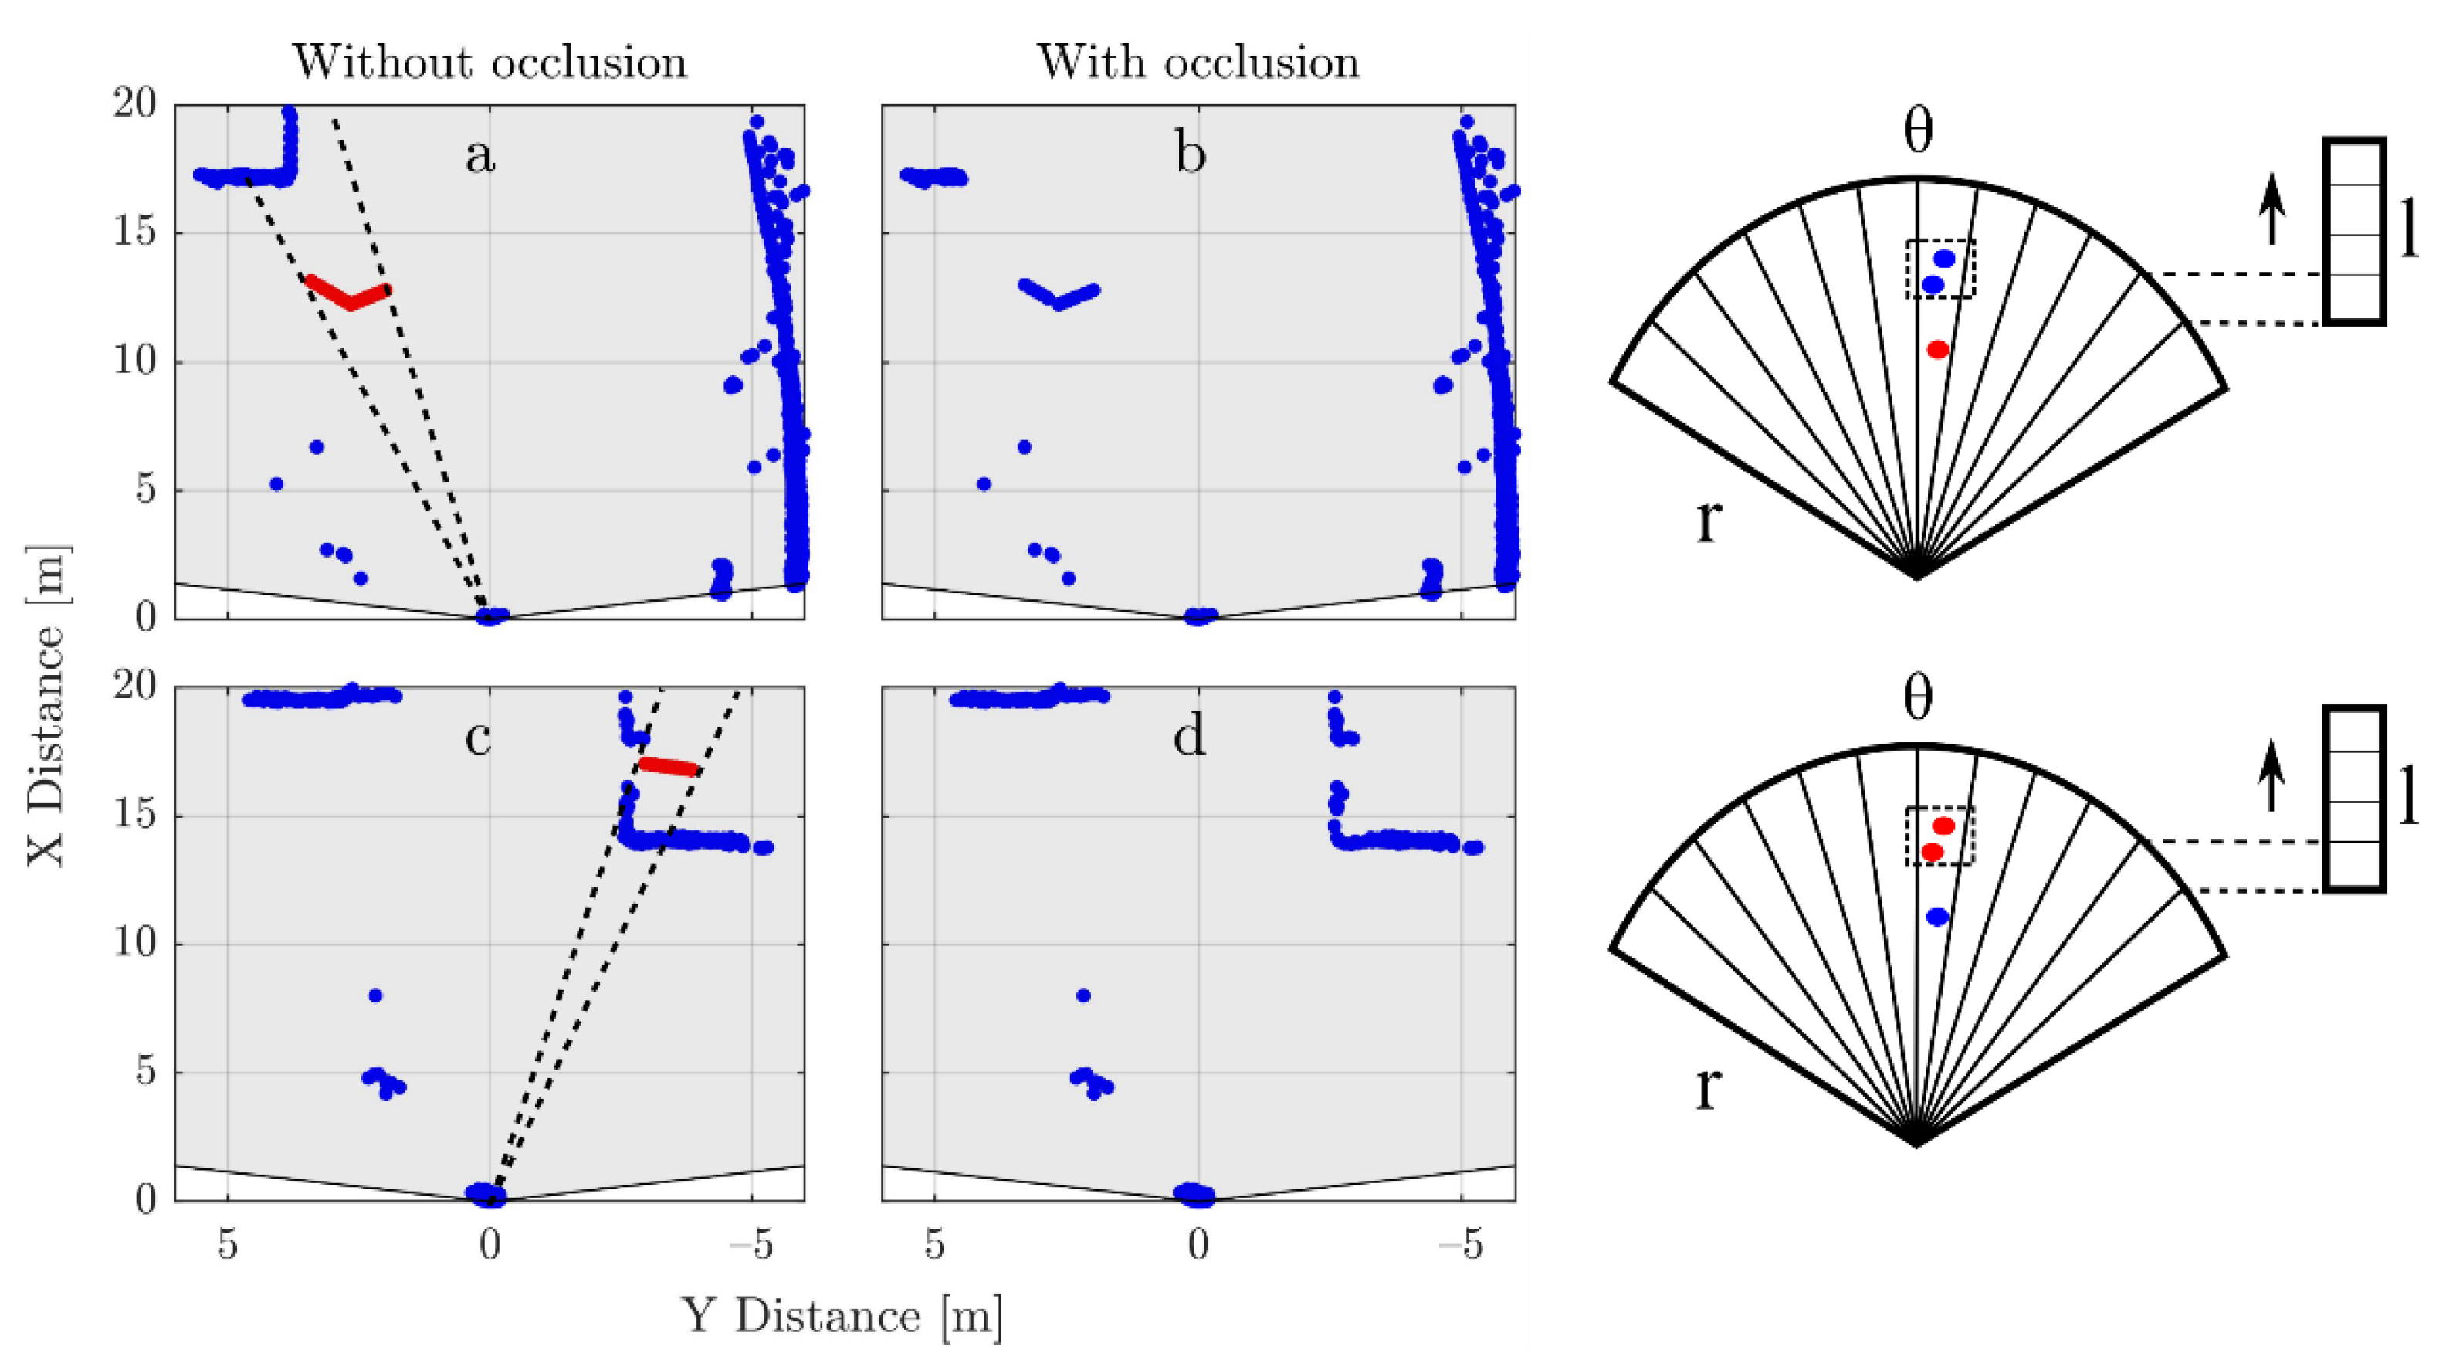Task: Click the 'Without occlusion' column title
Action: coord(489,63)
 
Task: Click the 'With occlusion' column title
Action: coord(1198,63)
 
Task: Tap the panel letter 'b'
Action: coord(1190,154)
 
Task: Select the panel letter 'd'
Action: coord(1189,736)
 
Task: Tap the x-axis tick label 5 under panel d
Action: coord(934,1244)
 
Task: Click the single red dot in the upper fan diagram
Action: coord(1938,350)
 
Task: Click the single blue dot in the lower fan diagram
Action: coord(1938,917)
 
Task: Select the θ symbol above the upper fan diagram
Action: coord(1918,133)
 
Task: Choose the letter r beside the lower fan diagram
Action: coord(1707,1087)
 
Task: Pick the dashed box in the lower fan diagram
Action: coord(1940,836)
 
